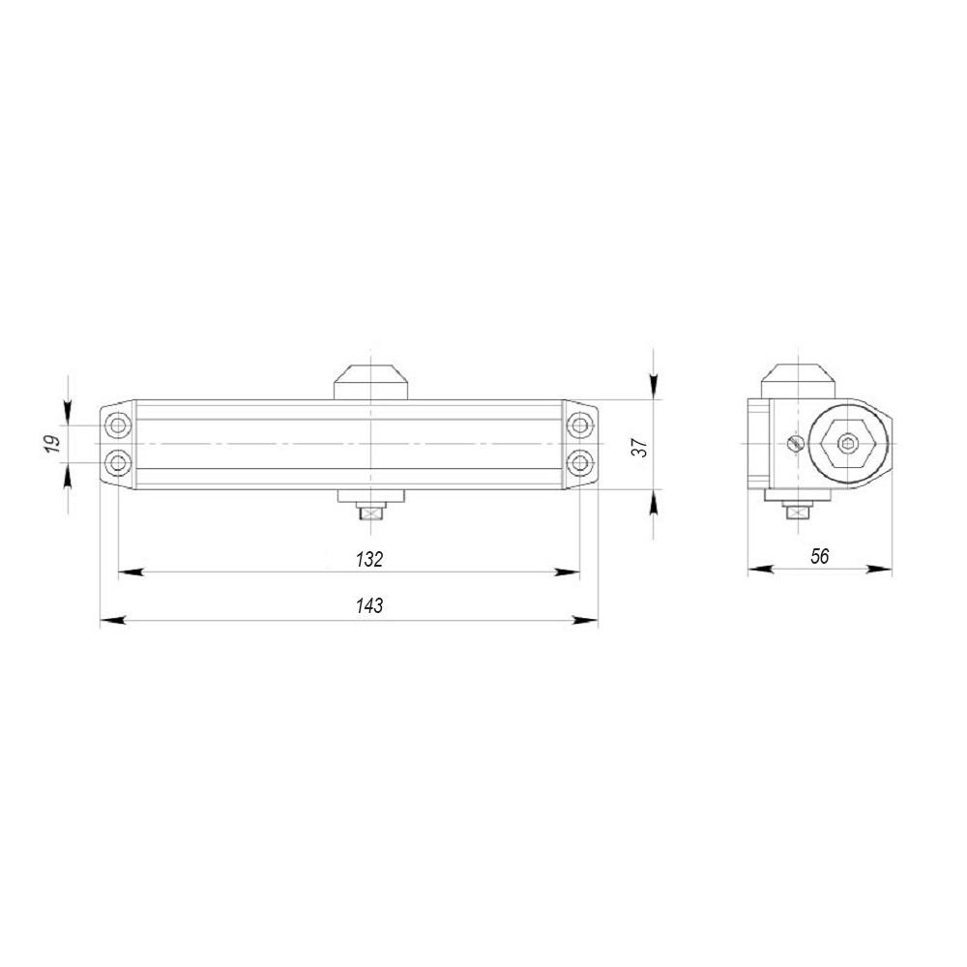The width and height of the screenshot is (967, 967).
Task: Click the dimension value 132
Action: [368, 559]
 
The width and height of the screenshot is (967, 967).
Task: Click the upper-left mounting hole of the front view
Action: [118, 425]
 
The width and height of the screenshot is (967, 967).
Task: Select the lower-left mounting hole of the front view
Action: [118, 462]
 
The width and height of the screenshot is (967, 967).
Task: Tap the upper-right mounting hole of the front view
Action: [578, 425]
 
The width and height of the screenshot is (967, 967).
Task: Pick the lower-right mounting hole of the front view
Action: [578, 462]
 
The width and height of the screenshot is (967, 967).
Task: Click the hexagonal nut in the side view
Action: [847, 445]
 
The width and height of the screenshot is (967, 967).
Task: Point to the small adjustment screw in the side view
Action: [795, 442]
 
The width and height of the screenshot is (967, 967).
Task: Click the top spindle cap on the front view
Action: [370, 380]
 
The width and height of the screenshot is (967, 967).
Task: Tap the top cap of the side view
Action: [798, 378]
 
